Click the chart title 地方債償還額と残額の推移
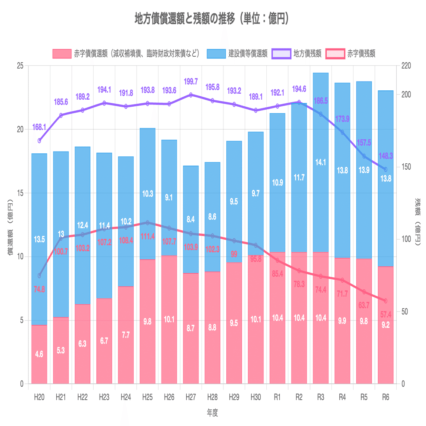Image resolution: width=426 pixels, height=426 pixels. pyautogui.click(x=212, y=19)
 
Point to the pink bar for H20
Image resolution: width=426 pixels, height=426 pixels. pyautogui.click(x=39, y=354)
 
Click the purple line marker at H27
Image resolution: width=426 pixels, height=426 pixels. pyautogui.click(x=191, y=95)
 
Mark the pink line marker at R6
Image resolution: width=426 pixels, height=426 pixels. pyautogui.click(x=386, y=301)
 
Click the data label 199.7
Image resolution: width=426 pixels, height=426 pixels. pyautogui.click(x=191, y=81)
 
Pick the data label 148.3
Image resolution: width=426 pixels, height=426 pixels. pyautogui.click(x=386, y=156)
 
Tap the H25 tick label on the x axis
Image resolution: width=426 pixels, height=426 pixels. pyautogui.click(x=147, y=397)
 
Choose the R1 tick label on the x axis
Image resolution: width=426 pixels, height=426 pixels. pyautogui.click(x=277, y=397)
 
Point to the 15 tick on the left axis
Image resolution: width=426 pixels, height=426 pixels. pyautogui.click(x=21, y=193)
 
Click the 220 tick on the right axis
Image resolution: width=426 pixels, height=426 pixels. pyautogui.click(x=406, y=66)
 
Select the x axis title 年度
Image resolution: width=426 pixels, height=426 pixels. pyautogui.click(x=213, y=413)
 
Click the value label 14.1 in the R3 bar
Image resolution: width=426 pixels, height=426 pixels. pyautogui.click(x=321, y=162)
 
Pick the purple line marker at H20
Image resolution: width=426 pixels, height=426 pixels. pyautogui.click(x=39, y=141)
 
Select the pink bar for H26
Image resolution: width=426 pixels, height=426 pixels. pyautogui.click(x=169, y=319)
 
